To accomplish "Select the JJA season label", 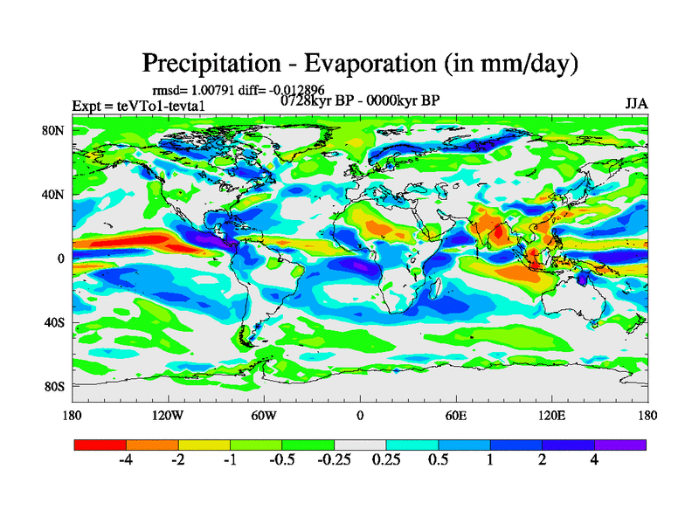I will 636,104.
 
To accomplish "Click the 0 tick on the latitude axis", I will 61,259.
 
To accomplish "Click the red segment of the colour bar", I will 100,444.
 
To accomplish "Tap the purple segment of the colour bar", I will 620,444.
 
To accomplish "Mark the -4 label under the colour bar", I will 125,460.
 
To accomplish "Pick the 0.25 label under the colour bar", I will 385,460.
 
